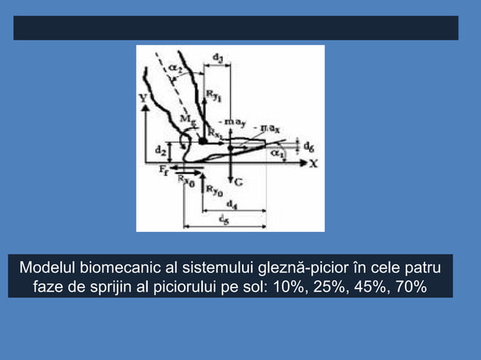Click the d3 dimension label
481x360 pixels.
pos(219,56)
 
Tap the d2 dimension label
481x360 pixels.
pos(160,150)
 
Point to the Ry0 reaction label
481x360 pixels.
pos(214,191)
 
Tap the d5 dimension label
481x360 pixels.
pos(224,219)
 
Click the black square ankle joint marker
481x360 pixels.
pos(202,140)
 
